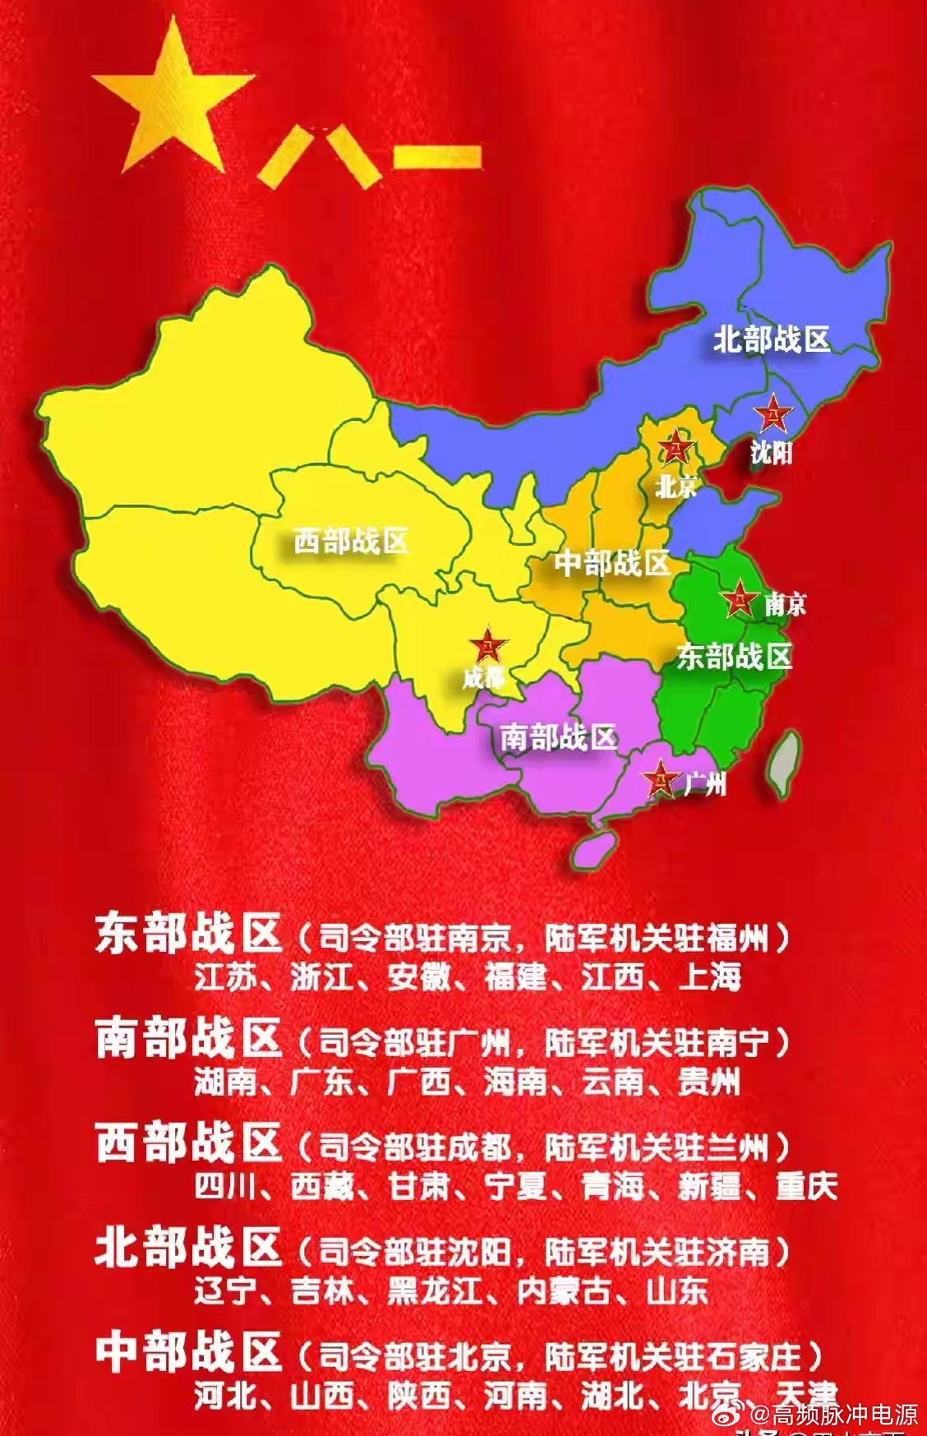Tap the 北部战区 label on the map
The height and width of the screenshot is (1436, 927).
coord(771,339)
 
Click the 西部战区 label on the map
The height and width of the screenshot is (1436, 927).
coord(351,541)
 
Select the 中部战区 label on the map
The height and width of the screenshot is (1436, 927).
coord(611,563)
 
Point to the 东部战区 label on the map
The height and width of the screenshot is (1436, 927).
coord(734,656)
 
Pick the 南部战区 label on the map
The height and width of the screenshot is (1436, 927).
coord(559,736)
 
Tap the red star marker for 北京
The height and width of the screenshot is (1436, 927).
coord(676,448)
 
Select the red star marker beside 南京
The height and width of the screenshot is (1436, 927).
coord(740,599)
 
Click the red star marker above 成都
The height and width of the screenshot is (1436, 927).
coord(488,646)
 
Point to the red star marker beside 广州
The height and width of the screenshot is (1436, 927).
coord(659,780)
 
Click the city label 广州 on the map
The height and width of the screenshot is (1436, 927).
coord(705,784)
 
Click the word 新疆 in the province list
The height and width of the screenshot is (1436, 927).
coord(709,1186)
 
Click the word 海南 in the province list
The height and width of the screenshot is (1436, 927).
coord(515,1082)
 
